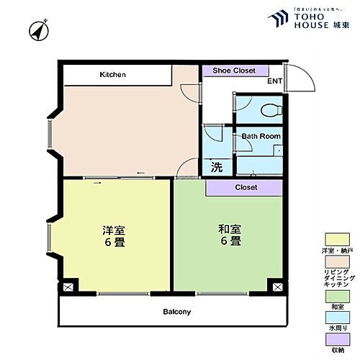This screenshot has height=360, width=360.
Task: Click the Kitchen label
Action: tap(113, 74)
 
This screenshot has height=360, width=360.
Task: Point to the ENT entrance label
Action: tap(274, 81)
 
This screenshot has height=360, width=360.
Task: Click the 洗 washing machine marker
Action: tap(215, 167)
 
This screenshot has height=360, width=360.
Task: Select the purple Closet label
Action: tap(246, 187)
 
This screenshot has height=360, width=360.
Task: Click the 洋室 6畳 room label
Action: tap(114, 235)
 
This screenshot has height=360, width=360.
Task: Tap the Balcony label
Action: tap(176, 312)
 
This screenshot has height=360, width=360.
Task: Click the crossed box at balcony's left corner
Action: tap(67, 286)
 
